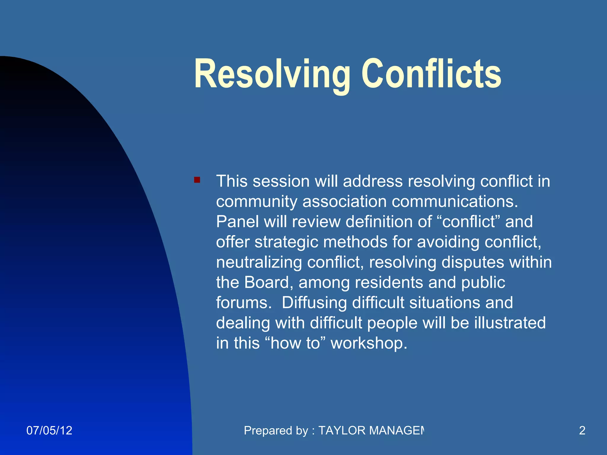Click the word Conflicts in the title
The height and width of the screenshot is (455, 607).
click(431, 74)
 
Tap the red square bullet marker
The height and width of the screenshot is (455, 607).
click(197, 180)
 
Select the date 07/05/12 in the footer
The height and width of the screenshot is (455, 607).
click(49, 430)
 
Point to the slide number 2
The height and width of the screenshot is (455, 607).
click(582, 430)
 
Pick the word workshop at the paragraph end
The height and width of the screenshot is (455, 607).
click(369, 343)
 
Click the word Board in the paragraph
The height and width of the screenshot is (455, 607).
click(266, 283)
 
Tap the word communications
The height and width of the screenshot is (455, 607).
click(455, 202)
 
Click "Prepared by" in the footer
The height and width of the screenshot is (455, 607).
click(276, 430)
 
